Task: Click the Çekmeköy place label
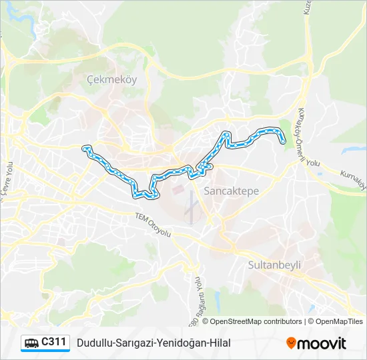coord(111,79)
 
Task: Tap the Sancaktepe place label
coord(231,191)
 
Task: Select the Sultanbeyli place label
coord(274,265)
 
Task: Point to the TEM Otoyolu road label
coord(153,225)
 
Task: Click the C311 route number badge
coord(54,343)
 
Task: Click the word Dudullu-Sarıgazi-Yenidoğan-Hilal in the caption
coord(153,343)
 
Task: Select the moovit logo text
coord(322,343)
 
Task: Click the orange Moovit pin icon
coord(291,343)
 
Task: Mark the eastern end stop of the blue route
coord(284,141)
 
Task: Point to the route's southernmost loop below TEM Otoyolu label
coord(147,195)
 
